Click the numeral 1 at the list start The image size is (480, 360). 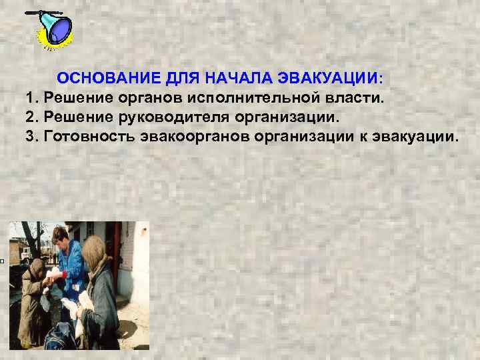click(x=31, y=99)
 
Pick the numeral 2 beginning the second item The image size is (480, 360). click(x=31, y=118)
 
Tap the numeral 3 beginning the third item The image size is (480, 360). click(x=31, y=137)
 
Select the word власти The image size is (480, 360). click(x=361, y=99)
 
